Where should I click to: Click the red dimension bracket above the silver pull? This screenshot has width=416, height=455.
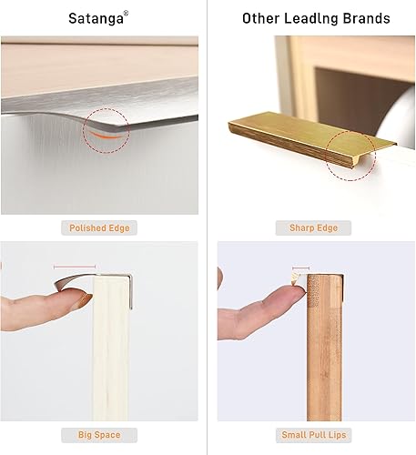pyautogui.click(x=75, y=268)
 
